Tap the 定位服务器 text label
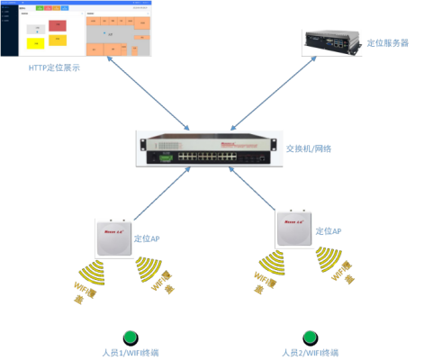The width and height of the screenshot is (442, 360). point(388,42)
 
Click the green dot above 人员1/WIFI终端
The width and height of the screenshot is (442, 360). point(131,336)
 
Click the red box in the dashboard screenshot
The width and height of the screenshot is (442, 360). point(57,24)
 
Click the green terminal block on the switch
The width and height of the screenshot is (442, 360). point(165,157)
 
